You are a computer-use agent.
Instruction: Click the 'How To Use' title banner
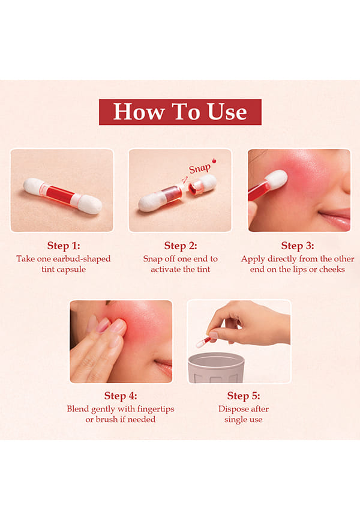(180, 112)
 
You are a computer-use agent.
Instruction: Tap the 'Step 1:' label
(64, 246)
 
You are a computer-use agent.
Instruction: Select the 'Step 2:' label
(181, 246)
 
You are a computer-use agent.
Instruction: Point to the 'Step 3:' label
(298, 246)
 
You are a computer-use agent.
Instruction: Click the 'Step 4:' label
(121, 396)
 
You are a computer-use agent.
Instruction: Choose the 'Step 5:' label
(244, 396)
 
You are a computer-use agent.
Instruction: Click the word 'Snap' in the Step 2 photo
(200, 169)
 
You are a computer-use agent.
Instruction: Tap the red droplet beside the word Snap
(214, 161)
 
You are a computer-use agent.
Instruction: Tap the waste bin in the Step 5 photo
(216, 368)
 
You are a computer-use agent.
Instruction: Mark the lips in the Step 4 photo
(164, 366)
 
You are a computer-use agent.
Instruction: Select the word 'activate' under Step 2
(166, 269)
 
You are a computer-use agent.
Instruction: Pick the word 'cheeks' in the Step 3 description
(332, 269)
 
